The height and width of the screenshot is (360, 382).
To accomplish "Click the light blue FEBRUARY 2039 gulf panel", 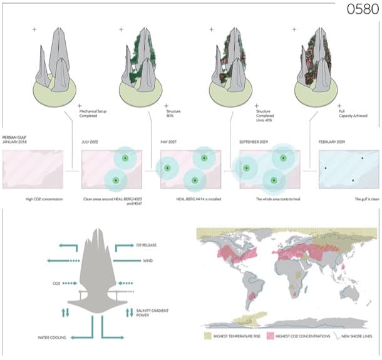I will (x=348, y=169).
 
